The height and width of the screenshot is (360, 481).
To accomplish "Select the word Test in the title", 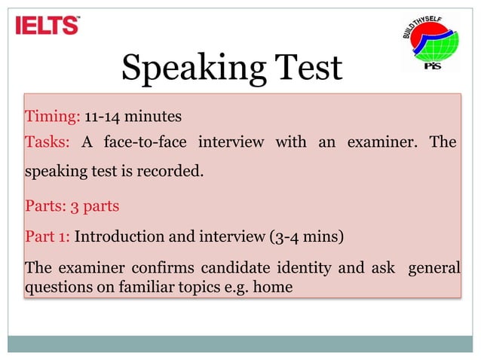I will tap(305, 69).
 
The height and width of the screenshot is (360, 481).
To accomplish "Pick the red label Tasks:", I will tap(47, 142).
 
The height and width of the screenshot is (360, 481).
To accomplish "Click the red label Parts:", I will tap(46, 205).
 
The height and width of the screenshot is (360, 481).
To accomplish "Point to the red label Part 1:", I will tap(47, 236).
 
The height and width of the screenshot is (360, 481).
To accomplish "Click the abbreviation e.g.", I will tap(240, 287).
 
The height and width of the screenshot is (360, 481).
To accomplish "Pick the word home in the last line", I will tap(275, 287).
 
